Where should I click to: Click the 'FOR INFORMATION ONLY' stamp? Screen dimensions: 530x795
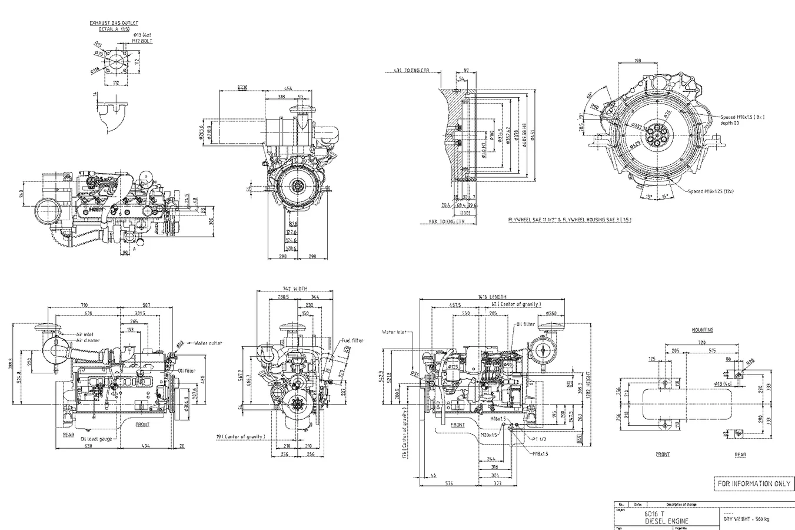tap(753, 483)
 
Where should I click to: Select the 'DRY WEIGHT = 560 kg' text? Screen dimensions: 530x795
tap(746, 519)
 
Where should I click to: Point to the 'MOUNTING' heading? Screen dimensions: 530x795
tap(703, 330)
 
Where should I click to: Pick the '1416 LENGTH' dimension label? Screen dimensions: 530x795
tap(492, 297)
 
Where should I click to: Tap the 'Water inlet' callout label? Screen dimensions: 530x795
tap(394, 331)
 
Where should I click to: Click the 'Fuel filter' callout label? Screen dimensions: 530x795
tap(352, 340)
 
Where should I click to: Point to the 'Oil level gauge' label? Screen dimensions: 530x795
tap(97, 438)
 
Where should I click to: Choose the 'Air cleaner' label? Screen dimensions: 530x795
tap(88, 340)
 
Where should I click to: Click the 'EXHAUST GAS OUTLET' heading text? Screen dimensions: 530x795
tap(114, 23)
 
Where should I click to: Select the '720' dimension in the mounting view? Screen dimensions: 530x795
tap(701, 342)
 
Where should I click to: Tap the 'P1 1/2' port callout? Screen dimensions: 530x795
tap(540, 439)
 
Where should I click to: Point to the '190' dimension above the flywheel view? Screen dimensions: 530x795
tap(637, 61)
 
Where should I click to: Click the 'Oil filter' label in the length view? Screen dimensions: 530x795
tap(525, 324)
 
